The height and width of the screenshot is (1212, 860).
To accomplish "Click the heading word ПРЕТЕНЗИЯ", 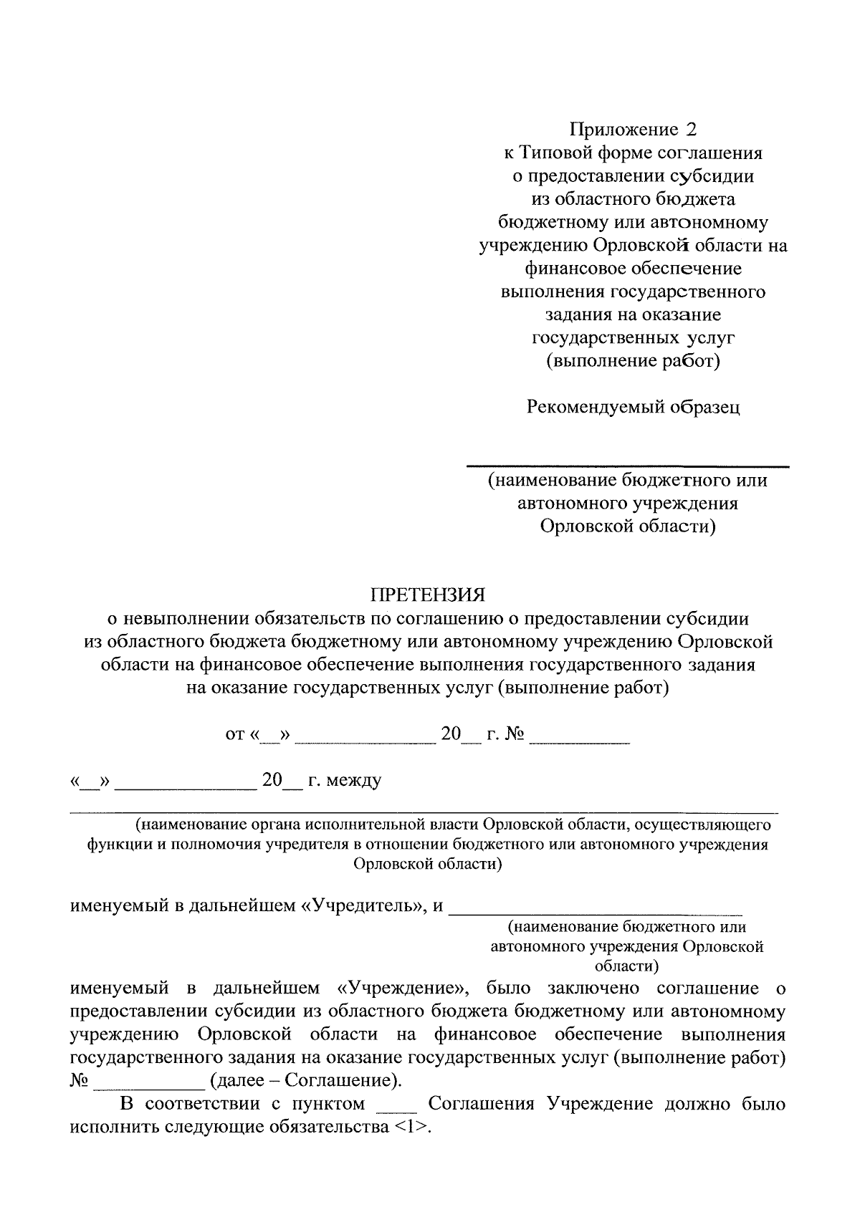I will (427, 595).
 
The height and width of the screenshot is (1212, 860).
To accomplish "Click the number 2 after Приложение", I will (690, 130).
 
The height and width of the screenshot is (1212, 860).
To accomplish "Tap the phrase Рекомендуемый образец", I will (634, 407).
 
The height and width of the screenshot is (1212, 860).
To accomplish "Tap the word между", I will (354, 780).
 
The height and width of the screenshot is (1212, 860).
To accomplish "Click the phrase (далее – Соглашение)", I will (304, 1079).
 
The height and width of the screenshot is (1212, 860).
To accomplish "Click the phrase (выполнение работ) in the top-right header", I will (633, 360).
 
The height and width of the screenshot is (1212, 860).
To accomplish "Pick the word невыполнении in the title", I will (183, 618).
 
